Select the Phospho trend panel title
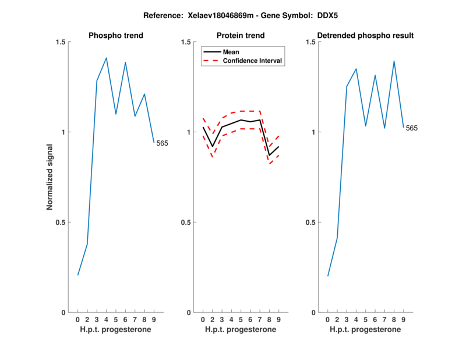click(x=116, y=36)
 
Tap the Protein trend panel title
click(x=241, y=36)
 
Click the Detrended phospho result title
click(x=366, y=36)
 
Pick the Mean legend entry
click(x=231, y=52)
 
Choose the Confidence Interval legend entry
click(x=253, y=61)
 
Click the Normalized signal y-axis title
click(x=50, y=177)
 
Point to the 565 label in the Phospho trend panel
click(x=162, y=143)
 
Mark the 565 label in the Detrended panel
click(x=411, y=128)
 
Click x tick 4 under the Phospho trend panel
click(x=106, y=320)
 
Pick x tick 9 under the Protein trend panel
click(x=278, y=320)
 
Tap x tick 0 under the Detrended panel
click(x=328, y=320)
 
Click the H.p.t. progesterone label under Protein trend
click(x=241, y=330)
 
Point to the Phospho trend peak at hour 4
click(x=106, y=58)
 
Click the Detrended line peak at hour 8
click(x=394, y=61)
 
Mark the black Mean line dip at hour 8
click(x=269, y=155)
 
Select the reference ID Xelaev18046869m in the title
click(x=221, y=15)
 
